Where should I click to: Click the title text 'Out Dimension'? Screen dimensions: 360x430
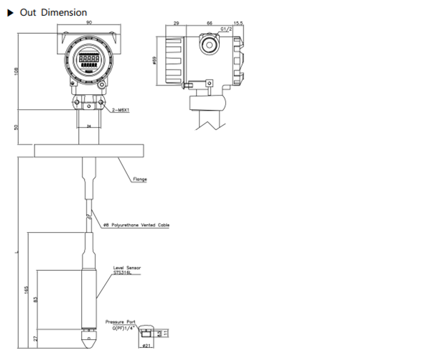[x=53, y=12]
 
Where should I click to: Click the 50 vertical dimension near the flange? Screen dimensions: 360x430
[x=15, y=128]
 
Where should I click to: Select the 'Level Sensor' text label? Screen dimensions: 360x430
[x=127, y=267]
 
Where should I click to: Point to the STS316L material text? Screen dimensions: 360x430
[x=123, y=273]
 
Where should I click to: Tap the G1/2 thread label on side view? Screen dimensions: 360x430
[x=225, y=28]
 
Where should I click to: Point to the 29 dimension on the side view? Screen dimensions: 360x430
[x=177, y=24]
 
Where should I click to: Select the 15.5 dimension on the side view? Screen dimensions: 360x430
[x=238, y=24]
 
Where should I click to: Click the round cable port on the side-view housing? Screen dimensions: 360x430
[x=209, y=45]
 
